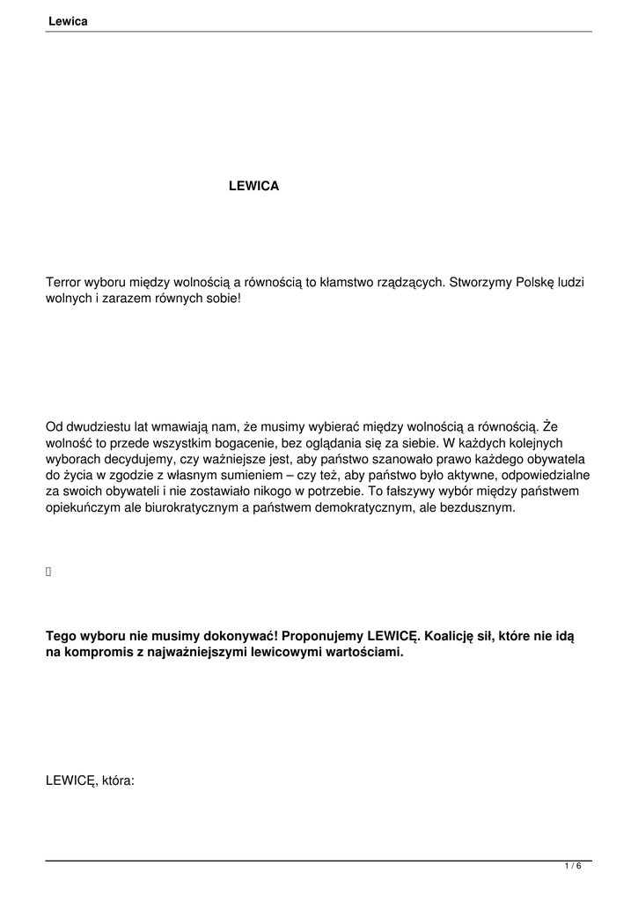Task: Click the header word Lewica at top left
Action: pos(68,20)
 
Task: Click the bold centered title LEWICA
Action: pos(253,186)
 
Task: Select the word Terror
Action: pos(63,283)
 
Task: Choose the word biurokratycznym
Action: pos(203,508)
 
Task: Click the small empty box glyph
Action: pos(48,573)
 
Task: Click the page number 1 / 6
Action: pos(573,867)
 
